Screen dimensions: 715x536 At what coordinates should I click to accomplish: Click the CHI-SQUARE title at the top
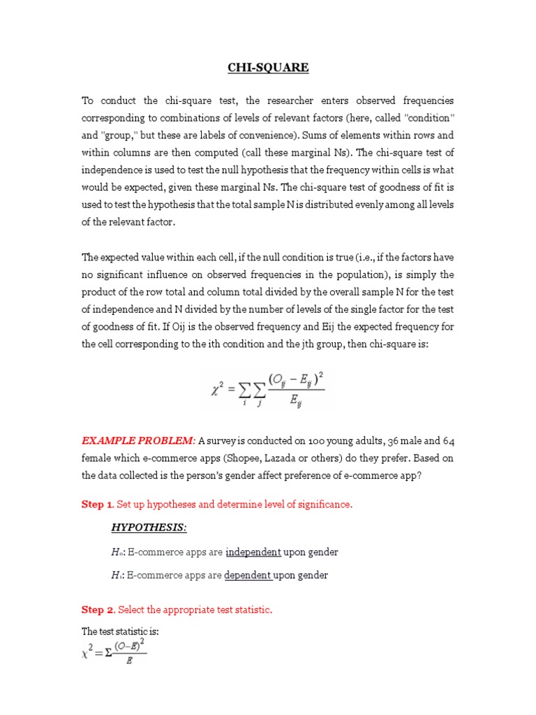pyautogui.click(x=268, y=68)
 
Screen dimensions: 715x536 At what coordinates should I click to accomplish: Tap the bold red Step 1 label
pyautogui.click(x=98, y=505)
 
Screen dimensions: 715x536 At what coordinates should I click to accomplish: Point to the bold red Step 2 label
pyautogui.click(x=98, y=610)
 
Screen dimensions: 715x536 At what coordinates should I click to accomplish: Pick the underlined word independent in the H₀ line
pyautogui.click(x=253, y=552)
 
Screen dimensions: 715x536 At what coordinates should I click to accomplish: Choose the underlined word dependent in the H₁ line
pyautogui.click(x=248, y=575)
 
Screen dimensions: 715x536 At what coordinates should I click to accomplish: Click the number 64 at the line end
pyautogui.click(x=447, y=441)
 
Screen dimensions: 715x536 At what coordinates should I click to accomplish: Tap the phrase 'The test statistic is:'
pyautogui.click(x=121, y=632)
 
